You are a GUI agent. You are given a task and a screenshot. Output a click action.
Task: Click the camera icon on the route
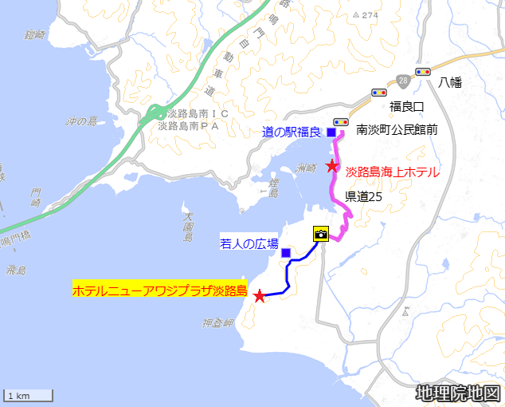click(x=321, y=234)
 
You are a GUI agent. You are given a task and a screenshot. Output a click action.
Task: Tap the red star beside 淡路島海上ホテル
click(x=332, y=166)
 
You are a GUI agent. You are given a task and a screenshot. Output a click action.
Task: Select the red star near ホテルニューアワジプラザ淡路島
click(x=259, y=296)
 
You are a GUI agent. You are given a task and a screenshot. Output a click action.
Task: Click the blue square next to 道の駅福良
click(x=331, y=132)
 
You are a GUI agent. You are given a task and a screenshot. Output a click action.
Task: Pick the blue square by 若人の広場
click(x=286, y=253)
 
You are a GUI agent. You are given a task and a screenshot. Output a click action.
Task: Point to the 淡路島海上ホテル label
click(x=392, y=172)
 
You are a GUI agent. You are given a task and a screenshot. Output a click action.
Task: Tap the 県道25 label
click(x=364, y=195)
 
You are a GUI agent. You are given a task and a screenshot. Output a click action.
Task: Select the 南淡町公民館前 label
click(x=397, y=128)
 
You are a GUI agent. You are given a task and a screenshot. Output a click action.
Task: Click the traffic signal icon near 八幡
click(x=422, y=71)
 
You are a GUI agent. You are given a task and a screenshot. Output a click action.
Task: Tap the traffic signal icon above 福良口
click(x=379, y=93)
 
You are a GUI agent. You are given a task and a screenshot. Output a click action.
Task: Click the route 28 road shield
click(x=404, y=81)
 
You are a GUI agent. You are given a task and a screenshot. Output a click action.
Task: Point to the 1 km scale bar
click(x=29, y=395)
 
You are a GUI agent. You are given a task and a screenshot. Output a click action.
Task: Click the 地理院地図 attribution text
click(x=457, y=393)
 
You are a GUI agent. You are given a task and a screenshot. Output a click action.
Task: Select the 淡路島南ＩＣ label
click(x=193, y=114)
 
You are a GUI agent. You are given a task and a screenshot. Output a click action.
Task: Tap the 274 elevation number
click(x=370, y=15)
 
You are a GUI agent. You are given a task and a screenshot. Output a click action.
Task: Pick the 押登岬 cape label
click(x=217, y=323)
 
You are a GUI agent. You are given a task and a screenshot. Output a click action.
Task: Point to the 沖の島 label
click(x=81, y=121)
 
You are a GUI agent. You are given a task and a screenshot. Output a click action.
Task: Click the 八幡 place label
click(x=451, y=82)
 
